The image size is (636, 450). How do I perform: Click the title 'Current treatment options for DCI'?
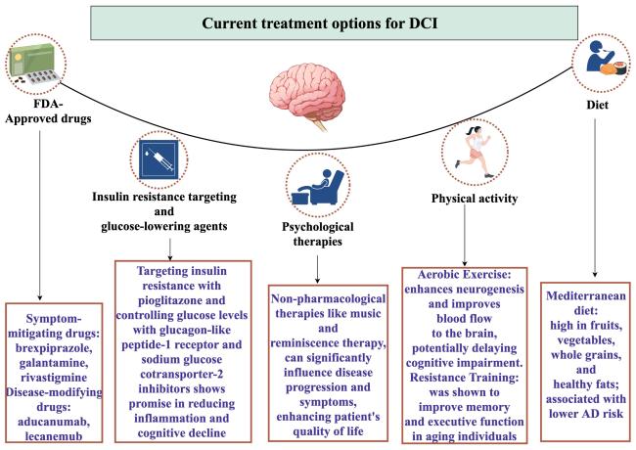(320, 23)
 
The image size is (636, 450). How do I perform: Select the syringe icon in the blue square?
(159, 159)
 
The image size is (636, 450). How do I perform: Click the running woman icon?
(473, 152)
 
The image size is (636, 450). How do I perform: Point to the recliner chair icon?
(318, 187)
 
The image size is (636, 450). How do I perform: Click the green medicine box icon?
(35, 64)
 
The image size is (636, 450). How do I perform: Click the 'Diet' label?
(597, 105)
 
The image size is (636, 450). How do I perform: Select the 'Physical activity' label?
(475, 199)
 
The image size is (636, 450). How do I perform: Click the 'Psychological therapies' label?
(318, 234)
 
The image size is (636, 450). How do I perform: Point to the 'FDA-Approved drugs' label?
(48, 112)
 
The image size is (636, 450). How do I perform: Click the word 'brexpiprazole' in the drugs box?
(54, 348)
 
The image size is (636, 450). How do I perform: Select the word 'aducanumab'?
(54, 422)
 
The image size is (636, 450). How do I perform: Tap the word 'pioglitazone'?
(181, 300)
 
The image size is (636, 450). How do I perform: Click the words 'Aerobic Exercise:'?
(464, 275)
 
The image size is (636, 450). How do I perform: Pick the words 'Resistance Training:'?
(464, 378)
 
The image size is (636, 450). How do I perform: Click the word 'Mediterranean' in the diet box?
(586, 295)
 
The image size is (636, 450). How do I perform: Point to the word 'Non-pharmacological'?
(328, 298)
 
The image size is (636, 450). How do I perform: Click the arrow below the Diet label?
(595, 198)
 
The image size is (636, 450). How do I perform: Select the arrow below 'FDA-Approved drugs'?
(40, 215)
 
